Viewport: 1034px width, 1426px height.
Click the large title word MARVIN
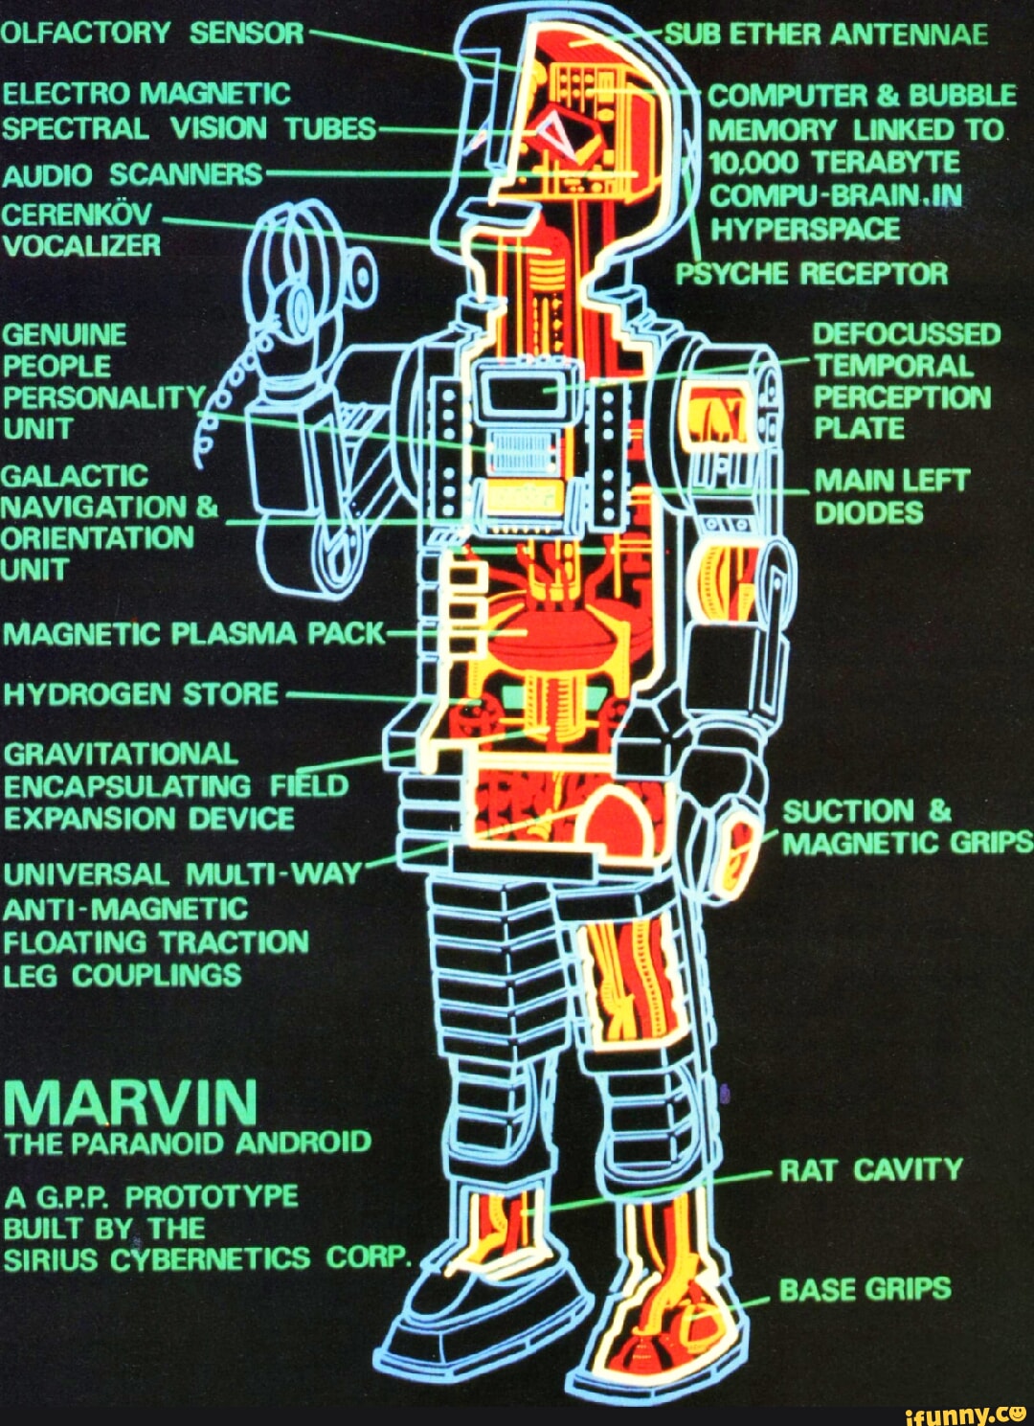pyautogui.click(x=131, y=1102)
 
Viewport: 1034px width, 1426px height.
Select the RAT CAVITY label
pyautogui.click(x=870, y=1169)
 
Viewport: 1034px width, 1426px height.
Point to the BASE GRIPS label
pyautogui.click(x=865, y=1289)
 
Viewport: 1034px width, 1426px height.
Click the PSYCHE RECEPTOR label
pyautogui.click(x=812, y=274)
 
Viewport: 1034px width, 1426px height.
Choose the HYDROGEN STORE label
pyautogui.click(x=141, y=693)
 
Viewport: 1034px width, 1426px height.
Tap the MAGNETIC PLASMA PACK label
pyautogui.click(x=193, y=634)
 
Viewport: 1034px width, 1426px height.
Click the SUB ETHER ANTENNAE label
pyautogui.click(x=825, y=35)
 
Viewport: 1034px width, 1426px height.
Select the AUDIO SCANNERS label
pyautogui.click(x=131, y=174)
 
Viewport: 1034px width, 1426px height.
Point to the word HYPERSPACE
pyautogui.click(x=804, y=230)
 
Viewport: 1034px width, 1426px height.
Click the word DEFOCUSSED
pyautogui.click(x=906, y=334)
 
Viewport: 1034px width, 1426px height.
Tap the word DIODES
pyautogui.click(x=868, y=512)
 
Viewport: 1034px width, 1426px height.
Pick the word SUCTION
pyautogui.click(x=848, y=812)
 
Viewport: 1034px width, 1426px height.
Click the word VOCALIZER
pyautogui.click(x=81, y=246)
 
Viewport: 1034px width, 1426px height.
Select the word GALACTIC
pyautogui.click(x=76, y=476)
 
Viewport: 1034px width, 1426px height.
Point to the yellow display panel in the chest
pyautogui.click(x=523, y=496)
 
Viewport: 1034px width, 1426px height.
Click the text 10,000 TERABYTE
pyautogui.click(x=834, y=162)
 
